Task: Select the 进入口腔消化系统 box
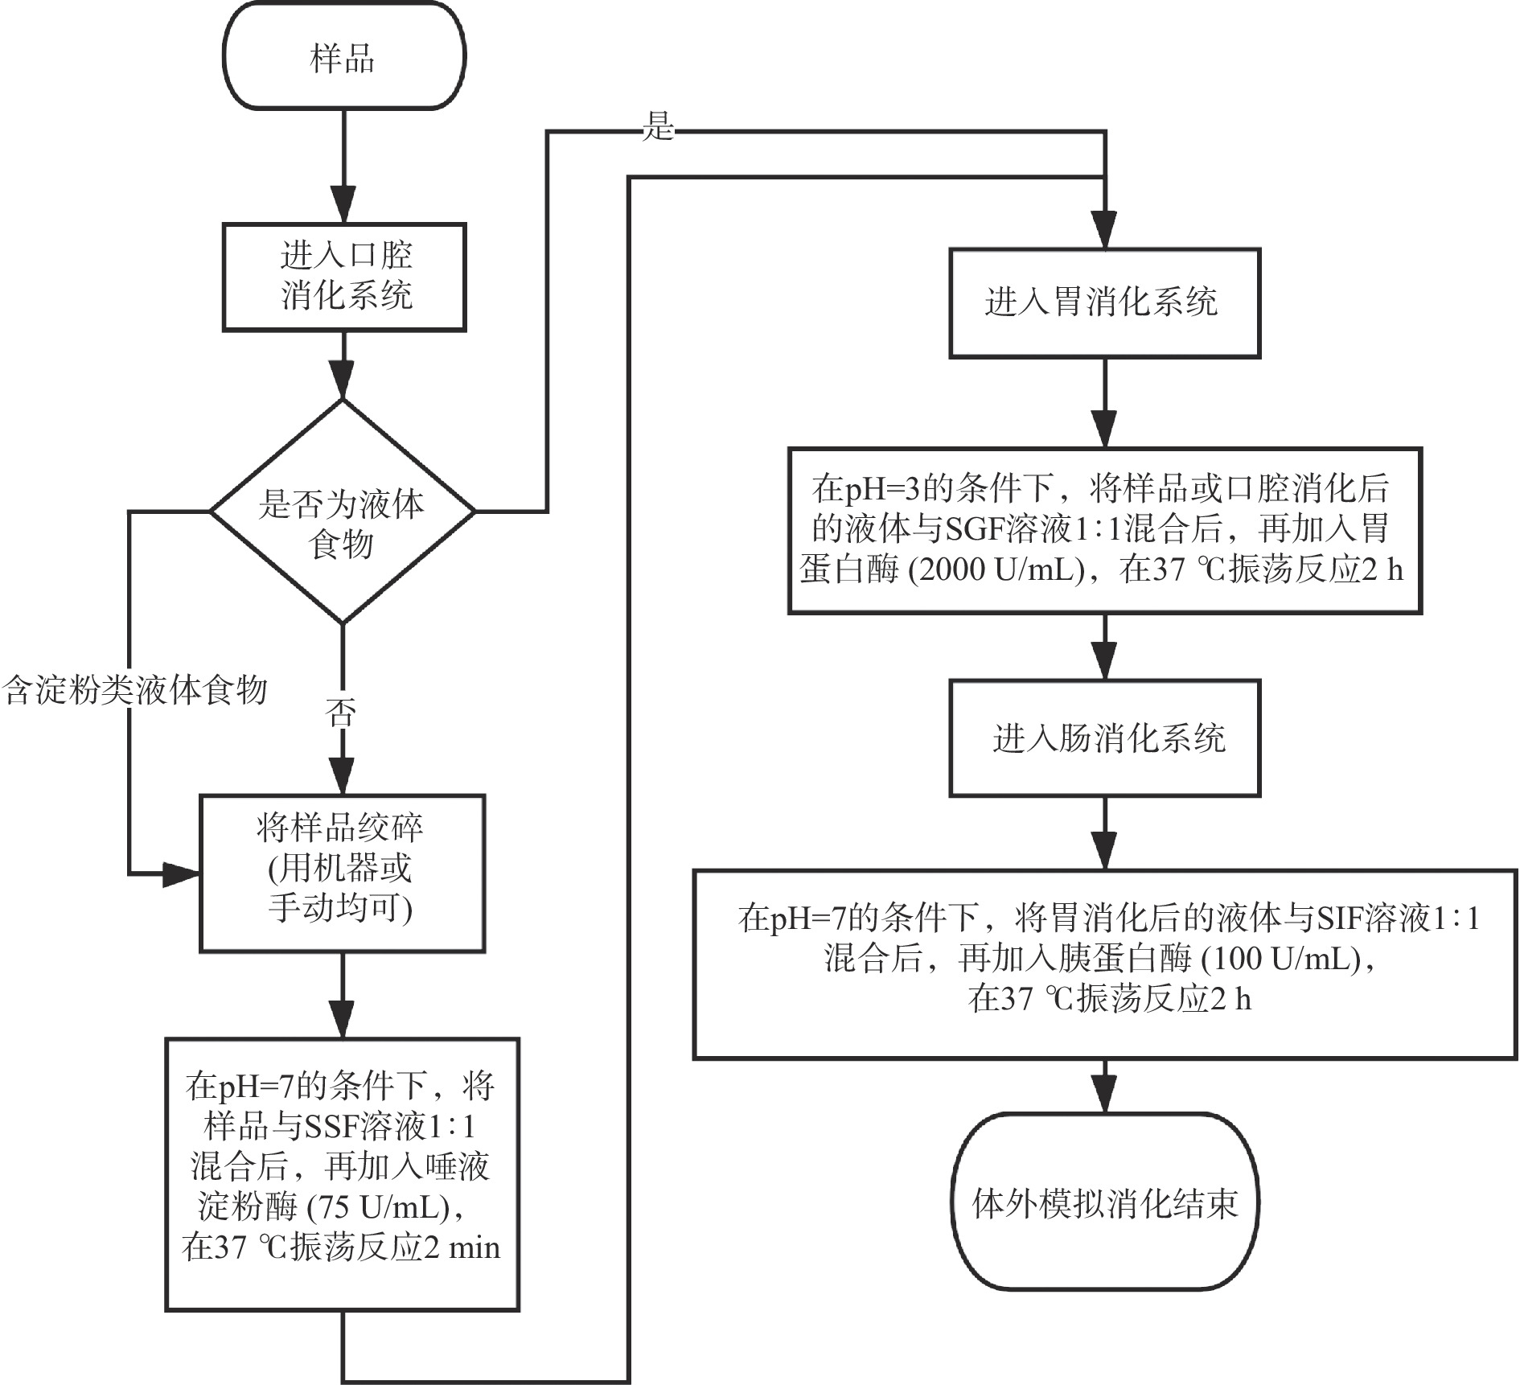point(344,277)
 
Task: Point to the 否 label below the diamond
point(341,713)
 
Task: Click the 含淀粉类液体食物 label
point(135,690)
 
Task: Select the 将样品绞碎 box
point(342,873)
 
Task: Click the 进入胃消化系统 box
point(1104,303)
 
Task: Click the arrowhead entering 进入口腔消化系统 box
point(343,208)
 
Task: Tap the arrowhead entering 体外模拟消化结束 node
point(1105,1097)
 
